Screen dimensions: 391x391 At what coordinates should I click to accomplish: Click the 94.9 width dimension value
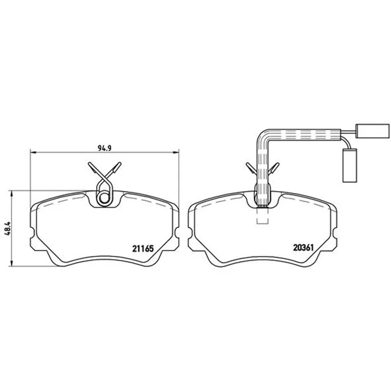(x=105, y=148)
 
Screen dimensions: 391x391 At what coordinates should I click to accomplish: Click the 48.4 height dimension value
(x=7, y=228)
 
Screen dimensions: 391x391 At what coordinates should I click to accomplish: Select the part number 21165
(x=143, y=248)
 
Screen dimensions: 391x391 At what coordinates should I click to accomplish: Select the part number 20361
(x=303, y=248)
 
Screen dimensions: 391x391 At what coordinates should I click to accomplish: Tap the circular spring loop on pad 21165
(x=104, y=198)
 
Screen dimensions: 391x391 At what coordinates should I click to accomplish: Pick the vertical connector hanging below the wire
(x=350, y=166)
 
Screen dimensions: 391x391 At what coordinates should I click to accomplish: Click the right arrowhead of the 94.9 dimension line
(x=176, y=152)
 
